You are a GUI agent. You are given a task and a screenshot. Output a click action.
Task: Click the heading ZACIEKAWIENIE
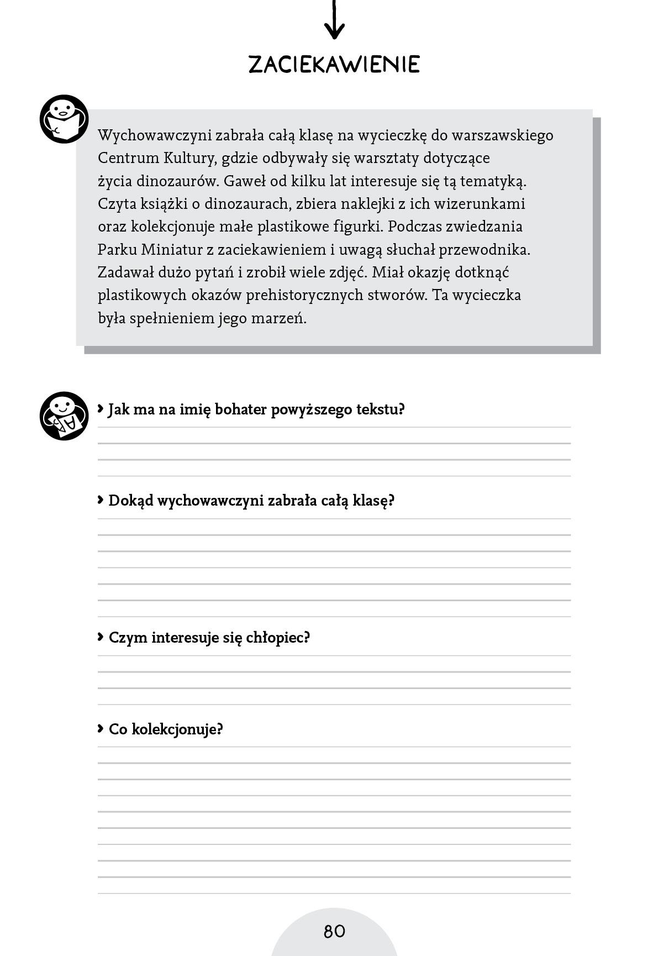pyautogui.click(x=334, y=65)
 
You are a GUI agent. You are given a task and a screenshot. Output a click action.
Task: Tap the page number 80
pyautogui.click(x=334, y=931)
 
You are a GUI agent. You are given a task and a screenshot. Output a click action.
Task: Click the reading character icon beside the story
pyautogui.click(x=64, y=119)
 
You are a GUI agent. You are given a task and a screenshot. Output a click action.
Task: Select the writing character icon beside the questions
pyautogui.click(x=64, y=416)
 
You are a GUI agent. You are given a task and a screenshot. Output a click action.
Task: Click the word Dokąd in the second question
pyautogui.click(x=130, y=501)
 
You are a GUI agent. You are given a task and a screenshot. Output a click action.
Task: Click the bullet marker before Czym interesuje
pyautogui.click(x=101, y=637)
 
